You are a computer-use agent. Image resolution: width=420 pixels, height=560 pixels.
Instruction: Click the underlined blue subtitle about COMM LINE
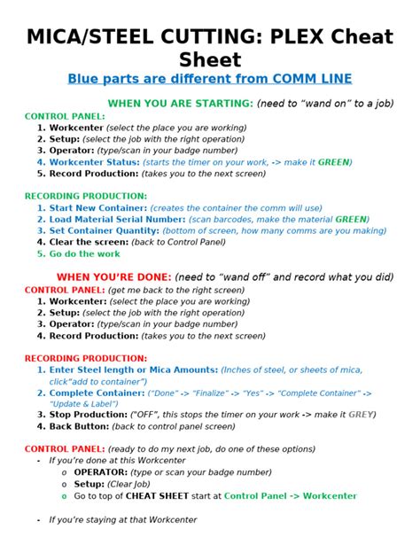point(209,78)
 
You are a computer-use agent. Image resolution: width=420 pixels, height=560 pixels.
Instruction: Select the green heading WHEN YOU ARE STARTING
point(181,104)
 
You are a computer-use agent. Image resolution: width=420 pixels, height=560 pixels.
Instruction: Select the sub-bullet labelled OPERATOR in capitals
point(103,473)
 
